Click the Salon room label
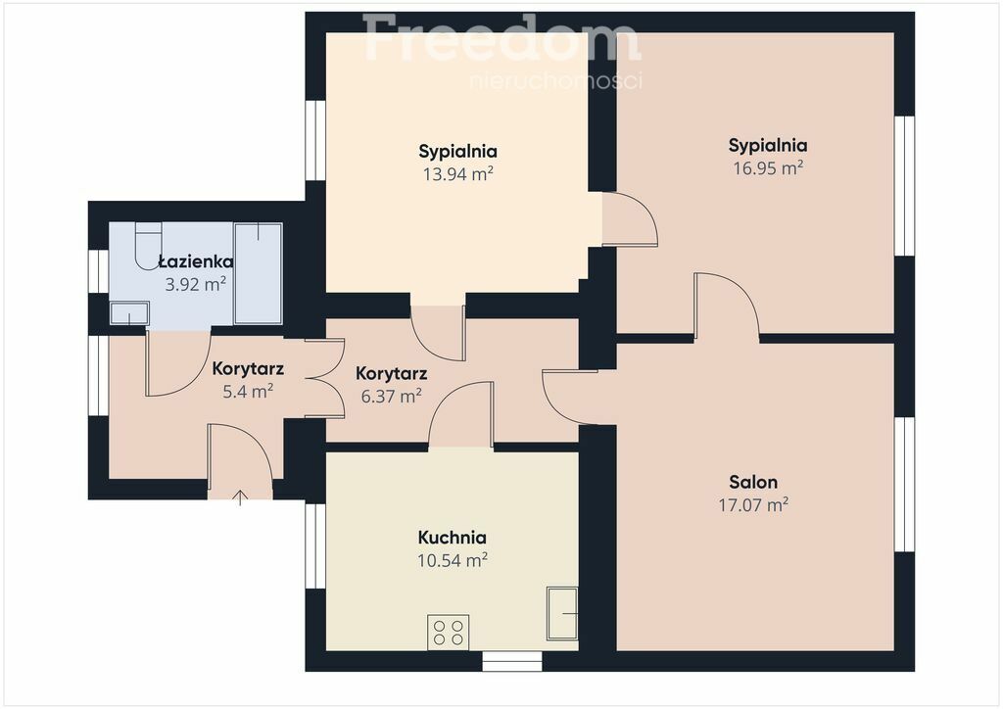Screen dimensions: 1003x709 coord(753,482)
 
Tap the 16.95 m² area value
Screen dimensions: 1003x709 coord(768,168)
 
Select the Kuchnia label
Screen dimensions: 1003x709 coord(453,538)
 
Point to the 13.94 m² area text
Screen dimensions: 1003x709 coord(458,174)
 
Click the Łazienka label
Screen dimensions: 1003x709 coord(196,261)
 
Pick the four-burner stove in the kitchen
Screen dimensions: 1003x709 coord(449,633)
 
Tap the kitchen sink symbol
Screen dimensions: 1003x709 coord(562,613)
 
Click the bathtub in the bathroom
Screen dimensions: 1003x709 coord(258,273)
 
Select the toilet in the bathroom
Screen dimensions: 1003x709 coord(149,245)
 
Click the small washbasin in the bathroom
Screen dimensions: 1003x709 coord(129,313)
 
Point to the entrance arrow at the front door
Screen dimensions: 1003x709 coord(240,496)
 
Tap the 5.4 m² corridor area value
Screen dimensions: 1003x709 coord(248,392)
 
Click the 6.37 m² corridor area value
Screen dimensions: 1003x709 coord(391,397)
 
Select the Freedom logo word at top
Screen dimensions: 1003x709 coord(501,38)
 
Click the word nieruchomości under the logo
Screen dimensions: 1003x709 coord(556,81)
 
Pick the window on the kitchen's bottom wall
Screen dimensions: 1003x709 coord(511,661)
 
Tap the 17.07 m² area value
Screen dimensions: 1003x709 coord(753,505)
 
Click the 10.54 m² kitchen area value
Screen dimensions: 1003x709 coord(453,561)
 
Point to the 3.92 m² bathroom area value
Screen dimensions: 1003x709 coord(196,285)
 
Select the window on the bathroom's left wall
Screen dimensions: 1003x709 coord(99,271)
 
